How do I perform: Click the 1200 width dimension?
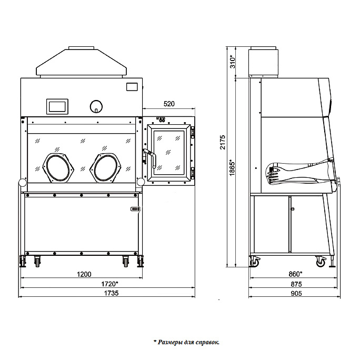click(x=84, y=274)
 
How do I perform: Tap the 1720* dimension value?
click(x=109, y=284)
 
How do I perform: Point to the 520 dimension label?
click(x=169, y=103)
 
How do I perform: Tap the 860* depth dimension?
click(x=295, y=274)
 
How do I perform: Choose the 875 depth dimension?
click(x=295, y=284)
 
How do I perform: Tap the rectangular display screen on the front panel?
click(x=57, y=106)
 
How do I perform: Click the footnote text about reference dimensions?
click(x=187, y=342)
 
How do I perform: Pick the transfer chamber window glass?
click(x=169, y=151)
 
